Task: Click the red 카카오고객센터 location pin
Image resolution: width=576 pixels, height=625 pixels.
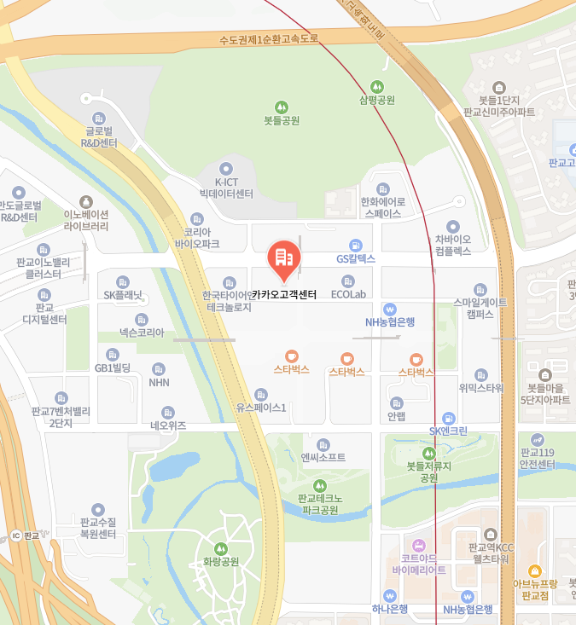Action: (x=283, y=259)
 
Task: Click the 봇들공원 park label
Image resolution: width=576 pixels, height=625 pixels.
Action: (x=282, y=121)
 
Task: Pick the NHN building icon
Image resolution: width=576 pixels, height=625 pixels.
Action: (x=159, y=369)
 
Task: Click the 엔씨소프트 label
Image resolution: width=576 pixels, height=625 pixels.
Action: (x=323, y=458)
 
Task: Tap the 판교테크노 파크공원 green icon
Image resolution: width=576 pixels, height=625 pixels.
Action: (x=321, y=486)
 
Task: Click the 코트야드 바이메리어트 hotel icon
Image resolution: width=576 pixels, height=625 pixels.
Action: (x=418, y=546)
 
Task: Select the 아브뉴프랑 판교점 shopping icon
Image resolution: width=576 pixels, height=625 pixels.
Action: (x=535, y=570)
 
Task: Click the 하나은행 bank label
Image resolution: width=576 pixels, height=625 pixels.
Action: (x=390, y=609)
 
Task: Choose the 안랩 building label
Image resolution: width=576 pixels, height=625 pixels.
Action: (x=396, y=417)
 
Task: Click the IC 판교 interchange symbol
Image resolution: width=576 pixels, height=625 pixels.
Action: (x=15, y=535)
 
